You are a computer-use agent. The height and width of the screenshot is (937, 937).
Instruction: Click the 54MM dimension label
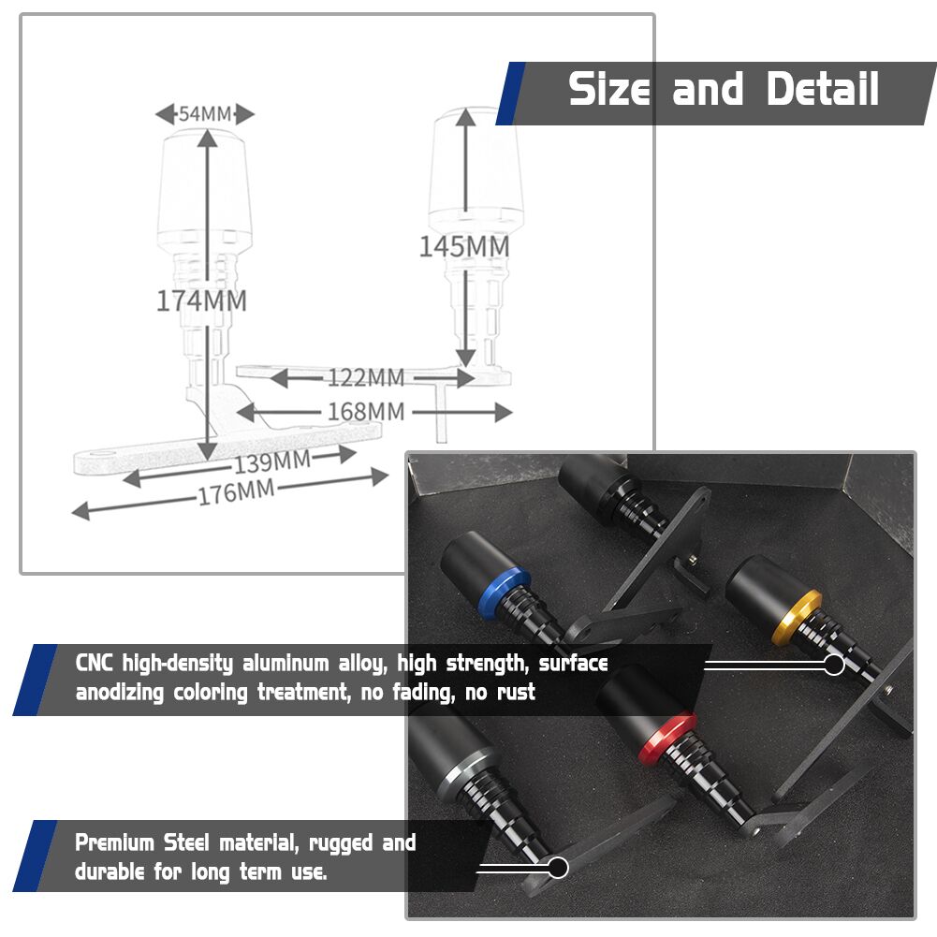[205, 113]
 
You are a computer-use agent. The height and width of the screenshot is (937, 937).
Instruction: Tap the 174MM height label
[201, 300]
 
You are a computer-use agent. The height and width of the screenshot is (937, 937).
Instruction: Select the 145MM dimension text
[464, 246]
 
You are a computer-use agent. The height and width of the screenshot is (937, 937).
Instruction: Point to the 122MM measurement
[366, 377]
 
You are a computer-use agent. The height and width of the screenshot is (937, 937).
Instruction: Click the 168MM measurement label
[366, 412]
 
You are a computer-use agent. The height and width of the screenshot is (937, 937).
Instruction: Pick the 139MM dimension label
[271, 461]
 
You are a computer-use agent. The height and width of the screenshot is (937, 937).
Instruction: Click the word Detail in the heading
[822, 89]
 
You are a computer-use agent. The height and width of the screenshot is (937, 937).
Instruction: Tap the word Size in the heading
[609, 89]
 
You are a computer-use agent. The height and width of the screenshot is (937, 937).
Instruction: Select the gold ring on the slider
[797, 617]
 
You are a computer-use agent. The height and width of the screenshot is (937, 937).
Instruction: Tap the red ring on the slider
[666, 739]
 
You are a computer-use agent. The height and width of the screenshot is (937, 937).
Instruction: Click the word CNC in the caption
[94, 664]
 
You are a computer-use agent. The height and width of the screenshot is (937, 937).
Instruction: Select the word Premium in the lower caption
[115, 843]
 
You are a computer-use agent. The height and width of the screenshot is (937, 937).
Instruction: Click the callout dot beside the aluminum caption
[834, 665]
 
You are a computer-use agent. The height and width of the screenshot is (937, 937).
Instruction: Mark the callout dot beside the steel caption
[558, 868]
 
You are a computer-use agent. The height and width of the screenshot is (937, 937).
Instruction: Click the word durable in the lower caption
[110, 871]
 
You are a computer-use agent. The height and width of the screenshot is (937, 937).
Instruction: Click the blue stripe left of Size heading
[510, 94]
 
